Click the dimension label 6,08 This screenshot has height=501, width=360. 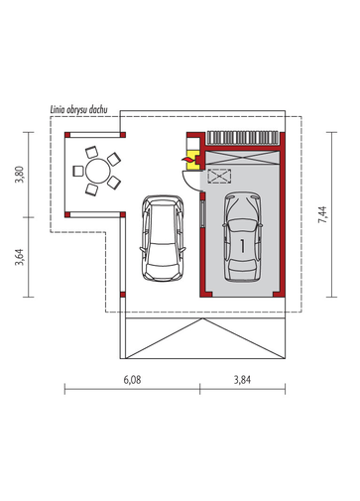click(132, 380)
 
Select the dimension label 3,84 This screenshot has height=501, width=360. click(242, 380)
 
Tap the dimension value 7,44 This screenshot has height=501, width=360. click(322, 214)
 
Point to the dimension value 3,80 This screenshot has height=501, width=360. click(20, 175)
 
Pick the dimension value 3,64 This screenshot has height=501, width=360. click(20, 257)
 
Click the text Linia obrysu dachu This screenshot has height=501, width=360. click(78, 110)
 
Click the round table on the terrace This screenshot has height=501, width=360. click(98, 171)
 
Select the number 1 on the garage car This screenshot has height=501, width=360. click(243, 246)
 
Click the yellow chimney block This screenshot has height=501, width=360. click(192, 160)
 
